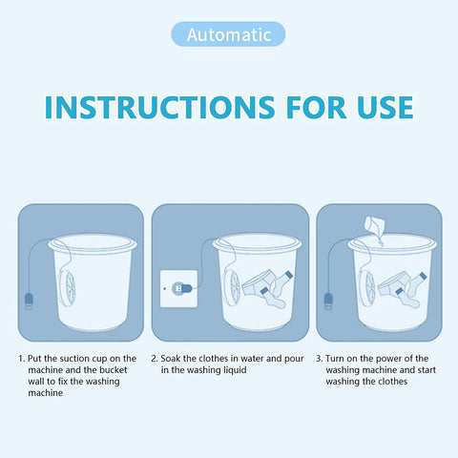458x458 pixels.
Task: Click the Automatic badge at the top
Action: click(x=228, y=34)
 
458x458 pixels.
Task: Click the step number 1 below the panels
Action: click(x=21, y=359)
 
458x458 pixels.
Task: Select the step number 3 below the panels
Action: click(x=319, y=359)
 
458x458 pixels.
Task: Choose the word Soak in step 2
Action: click(x=173, y=359)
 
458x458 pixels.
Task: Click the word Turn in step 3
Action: click(x=337, y=359)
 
